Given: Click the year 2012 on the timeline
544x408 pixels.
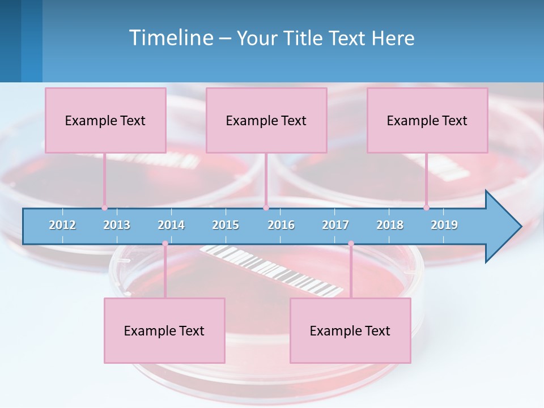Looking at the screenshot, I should pos(62,225).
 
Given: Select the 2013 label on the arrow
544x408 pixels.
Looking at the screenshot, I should pos(117,225).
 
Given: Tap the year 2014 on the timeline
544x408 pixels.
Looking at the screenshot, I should pos(171,225).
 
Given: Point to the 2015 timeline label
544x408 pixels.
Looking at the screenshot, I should pos(226,225).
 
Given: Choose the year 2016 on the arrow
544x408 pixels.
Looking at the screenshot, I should pos(281,225).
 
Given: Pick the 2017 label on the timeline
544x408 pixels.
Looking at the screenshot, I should pos(335,225).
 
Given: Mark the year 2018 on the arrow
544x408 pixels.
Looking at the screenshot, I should pos(390,225).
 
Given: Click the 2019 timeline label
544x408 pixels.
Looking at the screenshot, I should pos(444,225).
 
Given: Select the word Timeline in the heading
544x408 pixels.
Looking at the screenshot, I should pos(170,38).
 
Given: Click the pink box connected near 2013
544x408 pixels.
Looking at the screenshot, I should pos(105,120).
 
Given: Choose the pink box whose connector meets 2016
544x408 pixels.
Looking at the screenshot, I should pos(266,120).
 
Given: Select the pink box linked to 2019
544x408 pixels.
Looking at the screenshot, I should pos(427,120).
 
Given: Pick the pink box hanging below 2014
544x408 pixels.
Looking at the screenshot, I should pos(164,330).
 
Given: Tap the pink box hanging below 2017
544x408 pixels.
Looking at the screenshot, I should pos(350,330).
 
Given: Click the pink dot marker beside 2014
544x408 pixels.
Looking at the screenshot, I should pos(165,244).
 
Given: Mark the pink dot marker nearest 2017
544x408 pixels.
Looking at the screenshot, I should pos(351,244).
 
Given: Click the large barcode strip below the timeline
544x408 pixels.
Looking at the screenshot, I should pos(272,270).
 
